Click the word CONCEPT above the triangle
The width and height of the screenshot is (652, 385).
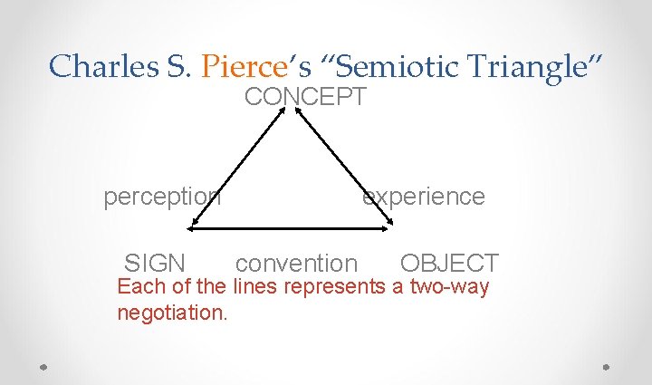(x=305, y=97)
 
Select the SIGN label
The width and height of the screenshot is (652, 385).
(x=155, y=264)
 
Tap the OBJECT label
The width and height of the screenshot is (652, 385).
(x=449, y=264)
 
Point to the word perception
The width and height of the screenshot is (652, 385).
(x=162, y=197)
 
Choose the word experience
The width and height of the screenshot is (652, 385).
(x=424, y=197)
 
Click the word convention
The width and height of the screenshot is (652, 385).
(x=296, y=264)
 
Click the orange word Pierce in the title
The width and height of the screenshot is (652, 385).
(x=241, y=65)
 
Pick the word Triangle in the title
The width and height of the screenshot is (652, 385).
(x=529, y=65)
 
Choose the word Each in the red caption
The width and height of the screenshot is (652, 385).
(x=136, y=288)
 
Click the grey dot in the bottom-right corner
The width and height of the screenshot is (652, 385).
(x=606, y=367)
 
